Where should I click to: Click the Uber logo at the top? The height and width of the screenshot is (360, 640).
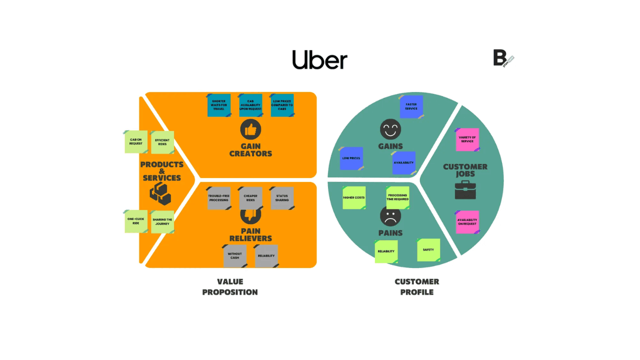coord(319,59)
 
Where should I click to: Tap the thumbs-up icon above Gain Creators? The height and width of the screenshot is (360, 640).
coord(250,130)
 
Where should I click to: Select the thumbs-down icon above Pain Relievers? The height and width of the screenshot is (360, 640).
coord(250,215)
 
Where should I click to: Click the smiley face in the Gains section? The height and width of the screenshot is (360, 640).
coord(390,129)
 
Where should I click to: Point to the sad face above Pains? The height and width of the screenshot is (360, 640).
coord(390,216)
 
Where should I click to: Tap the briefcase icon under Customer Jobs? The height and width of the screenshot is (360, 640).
coord(465,190)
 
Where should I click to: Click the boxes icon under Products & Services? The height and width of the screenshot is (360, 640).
coord(160,193)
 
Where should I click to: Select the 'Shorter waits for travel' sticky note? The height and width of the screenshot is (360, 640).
coord(219,105)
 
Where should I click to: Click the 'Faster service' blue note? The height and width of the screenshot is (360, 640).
coord(411,106)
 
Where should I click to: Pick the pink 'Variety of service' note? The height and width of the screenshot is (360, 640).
coord(467,139)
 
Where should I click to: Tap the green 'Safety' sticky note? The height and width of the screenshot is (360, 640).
coord(428,249)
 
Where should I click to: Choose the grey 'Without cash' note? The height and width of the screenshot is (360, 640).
coord(234,255)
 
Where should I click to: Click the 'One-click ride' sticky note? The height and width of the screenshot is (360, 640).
coord(136,221)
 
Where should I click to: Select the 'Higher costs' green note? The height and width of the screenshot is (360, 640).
coord(354,197)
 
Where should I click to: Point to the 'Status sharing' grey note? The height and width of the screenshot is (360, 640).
coord(282,197)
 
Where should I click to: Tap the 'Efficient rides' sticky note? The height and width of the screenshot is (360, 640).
coord(162,142)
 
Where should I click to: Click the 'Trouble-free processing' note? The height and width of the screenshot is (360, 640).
coord(218,197)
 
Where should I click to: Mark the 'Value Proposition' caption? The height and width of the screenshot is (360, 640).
coord(230,287)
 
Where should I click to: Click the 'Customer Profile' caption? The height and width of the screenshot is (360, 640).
coord(417,287)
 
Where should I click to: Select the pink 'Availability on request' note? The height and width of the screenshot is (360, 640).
coord(467,221)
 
